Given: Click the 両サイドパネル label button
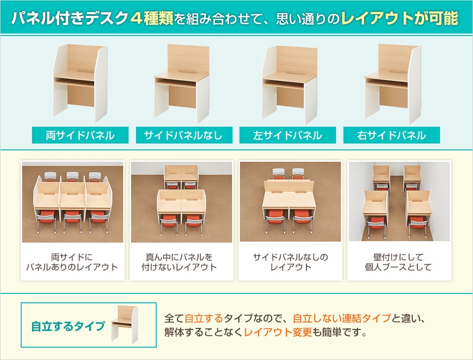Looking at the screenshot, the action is pos(80,135).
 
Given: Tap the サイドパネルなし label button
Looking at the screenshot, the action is pos(184,135).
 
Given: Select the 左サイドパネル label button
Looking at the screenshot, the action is pos(287,135).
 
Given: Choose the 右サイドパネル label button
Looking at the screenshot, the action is pos(392,135).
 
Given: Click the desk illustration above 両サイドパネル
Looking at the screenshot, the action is pos(80,83).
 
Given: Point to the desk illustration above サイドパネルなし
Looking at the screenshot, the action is pos(182,84).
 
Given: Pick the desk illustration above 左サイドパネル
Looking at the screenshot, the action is pos(290,85).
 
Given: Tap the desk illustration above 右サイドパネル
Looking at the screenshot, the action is pos(393,84).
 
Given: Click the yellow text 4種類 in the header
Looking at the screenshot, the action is pos(152,18).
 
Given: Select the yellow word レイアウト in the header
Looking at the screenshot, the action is pos(377,18).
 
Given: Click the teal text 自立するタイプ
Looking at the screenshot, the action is pos(68,326).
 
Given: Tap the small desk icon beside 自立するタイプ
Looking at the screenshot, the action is pos(124,324).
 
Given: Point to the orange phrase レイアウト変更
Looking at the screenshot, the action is pos(278,332).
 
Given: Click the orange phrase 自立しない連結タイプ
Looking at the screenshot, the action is pos(342,318).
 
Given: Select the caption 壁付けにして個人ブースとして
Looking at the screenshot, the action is pos(398,262).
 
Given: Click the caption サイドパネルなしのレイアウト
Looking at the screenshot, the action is pos(290,262).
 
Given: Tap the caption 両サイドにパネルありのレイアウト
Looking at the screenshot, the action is pos(72,262).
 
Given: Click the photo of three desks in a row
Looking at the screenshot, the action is pos(73,202).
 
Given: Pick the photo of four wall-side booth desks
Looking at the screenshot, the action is pos(399,201).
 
